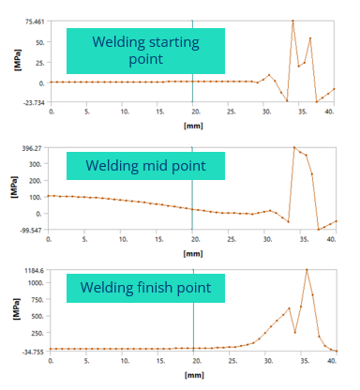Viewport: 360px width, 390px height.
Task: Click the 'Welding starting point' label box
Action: click(145, 51)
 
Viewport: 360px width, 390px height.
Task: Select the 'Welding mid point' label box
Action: click(145, 166)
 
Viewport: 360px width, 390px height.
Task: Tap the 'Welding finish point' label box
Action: click(145, 287)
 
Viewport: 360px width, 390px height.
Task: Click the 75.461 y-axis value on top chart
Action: click(35, 21)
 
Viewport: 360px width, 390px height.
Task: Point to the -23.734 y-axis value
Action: click(35, 100)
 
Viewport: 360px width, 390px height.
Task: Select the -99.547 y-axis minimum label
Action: click(34, 229)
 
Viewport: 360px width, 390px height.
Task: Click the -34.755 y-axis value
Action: click(34, 351)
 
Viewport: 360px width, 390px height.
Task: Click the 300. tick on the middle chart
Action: click(38, 163)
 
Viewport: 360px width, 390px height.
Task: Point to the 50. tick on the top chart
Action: click(40, 42)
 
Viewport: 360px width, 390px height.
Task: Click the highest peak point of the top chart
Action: click(292, 21)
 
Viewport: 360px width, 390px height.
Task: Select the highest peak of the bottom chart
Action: click(307, 270)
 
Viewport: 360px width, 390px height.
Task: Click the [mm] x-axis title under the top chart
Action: click(192, 125)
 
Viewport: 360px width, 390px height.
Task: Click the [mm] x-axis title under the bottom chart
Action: click(192, 375)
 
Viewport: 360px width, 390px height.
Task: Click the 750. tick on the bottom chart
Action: click(39, 299)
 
